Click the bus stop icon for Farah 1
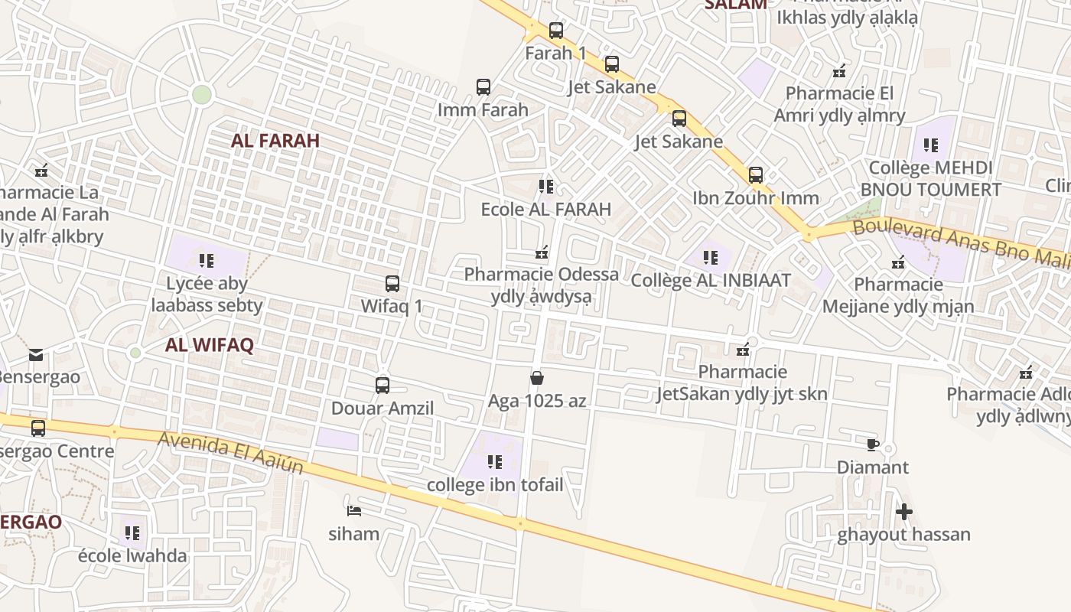coord(556,31)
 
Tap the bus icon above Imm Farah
coord(483,87)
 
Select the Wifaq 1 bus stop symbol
coord(392,284)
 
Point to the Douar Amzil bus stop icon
coord(382,386)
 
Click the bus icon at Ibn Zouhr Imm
coord(756,175)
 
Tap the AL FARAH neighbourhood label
coord(275,141)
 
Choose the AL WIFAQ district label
coord(209,345)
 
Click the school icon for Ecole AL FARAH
coord(546,187)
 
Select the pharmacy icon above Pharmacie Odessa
coord(542,252)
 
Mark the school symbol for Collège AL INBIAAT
coord(711,258)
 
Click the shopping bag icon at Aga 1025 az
coord(537,378)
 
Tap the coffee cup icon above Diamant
coord(873,445)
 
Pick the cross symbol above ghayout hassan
coord(903,512)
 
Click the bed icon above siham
coord(353,510)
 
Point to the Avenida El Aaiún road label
coord(231,452)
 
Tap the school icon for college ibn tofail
coord(495,462)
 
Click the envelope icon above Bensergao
coord(36,354)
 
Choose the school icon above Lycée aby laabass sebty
coord(207,261)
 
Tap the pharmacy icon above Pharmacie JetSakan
coord(742,350)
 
